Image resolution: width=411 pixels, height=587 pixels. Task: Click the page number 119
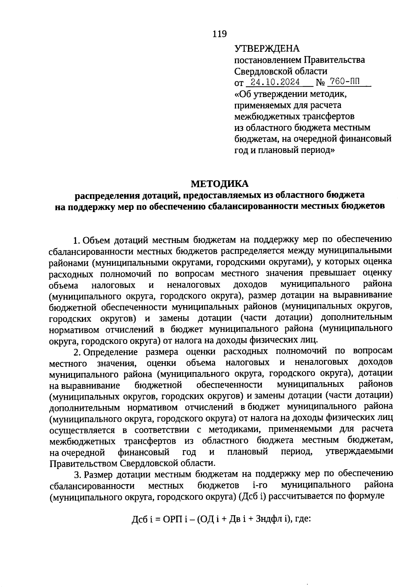[220, 34]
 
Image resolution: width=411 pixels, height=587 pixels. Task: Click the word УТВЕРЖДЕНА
[267, 49]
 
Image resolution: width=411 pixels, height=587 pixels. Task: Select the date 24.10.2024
[275, 82]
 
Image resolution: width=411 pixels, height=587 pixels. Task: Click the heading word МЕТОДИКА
[220, 184]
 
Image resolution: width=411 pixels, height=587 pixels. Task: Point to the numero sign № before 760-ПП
[320, 83]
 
